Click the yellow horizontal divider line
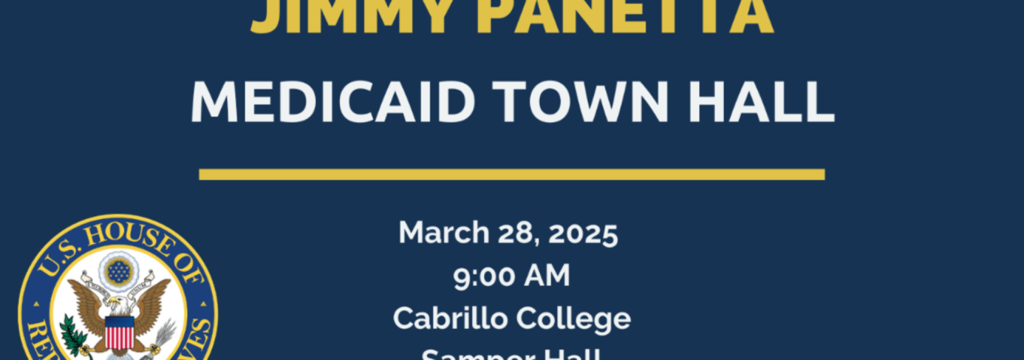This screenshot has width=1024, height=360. [x=511, y=174]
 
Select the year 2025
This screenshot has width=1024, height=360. [x=583, y=233]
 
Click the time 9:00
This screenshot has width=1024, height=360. [x=485, y=276]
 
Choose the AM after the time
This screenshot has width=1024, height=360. [x=547, y=276]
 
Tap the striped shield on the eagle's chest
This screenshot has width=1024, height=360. [x=119, y=332]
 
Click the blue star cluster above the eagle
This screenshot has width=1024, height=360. [x=119, y=271]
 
